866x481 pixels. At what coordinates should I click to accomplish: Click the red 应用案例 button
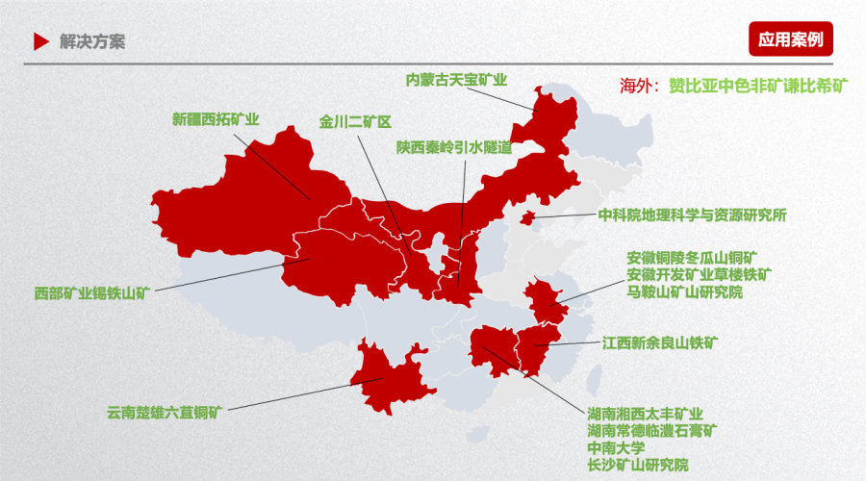click(790, 39)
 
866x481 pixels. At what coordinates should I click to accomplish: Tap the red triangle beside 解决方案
click(40, 41)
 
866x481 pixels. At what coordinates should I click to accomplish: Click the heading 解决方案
click(91, 41)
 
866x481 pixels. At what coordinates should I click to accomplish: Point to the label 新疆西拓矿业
click(216, 120)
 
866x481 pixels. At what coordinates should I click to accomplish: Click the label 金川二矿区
click(356, 122)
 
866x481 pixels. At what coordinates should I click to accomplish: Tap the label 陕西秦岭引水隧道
click(453, 147)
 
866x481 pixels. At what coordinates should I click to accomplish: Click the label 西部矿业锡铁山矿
click(92, 291)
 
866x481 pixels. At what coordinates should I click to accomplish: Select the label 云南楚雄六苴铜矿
click(165, 414)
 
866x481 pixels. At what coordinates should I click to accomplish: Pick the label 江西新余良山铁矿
click(660, 342)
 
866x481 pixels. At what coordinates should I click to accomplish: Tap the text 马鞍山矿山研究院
click(685, 291)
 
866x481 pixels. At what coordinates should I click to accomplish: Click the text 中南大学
click(616, 448)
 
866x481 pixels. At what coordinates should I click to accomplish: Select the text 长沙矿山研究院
click(638, 466)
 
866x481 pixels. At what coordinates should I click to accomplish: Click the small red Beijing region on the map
click(526, 218)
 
